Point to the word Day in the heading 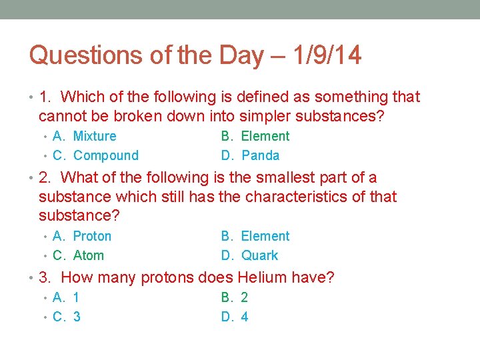[x=241, y=55]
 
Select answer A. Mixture [x=84, y=137]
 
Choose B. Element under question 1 [x=255, y=137]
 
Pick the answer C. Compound [x=95, y=156]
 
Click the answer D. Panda [x=250, y=156]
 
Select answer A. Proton [x=82, y=237]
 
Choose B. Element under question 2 [x=255, y=237]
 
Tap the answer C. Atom [x=78, y=256]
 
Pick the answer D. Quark [x=249, y=256]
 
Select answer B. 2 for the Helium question [x=235, y=298]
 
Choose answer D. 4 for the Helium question [x=235, y=317]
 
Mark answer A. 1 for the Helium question [x=67, y=298]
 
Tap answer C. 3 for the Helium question [x=67, y=317]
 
